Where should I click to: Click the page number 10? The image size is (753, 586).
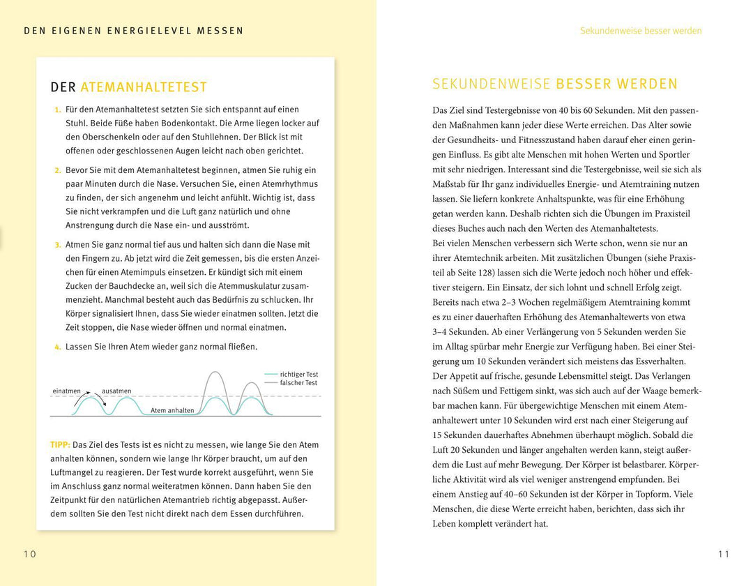coord(29,555)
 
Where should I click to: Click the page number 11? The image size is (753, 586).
coord(723,555)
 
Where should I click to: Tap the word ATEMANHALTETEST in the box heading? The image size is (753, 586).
coord(144,87)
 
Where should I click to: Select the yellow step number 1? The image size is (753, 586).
coord(57,110)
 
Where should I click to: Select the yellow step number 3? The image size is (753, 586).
coord(57,245)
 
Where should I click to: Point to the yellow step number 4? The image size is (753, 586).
coord(57,347)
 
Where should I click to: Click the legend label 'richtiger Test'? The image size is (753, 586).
coord(298,375)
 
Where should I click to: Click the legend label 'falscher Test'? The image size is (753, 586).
coord(298,383)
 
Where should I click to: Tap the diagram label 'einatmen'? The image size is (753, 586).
coord(66,391)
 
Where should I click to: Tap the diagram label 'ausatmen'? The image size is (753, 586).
coord(116,391)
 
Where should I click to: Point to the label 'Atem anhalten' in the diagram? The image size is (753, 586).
coord(172,411)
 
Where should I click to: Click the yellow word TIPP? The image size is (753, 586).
coord(60,445)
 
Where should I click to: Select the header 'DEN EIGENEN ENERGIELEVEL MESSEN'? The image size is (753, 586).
coord(134,31)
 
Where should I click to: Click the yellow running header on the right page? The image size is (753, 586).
coord(641,31)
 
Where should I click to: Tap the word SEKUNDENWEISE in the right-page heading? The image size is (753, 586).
coord(491,84)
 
